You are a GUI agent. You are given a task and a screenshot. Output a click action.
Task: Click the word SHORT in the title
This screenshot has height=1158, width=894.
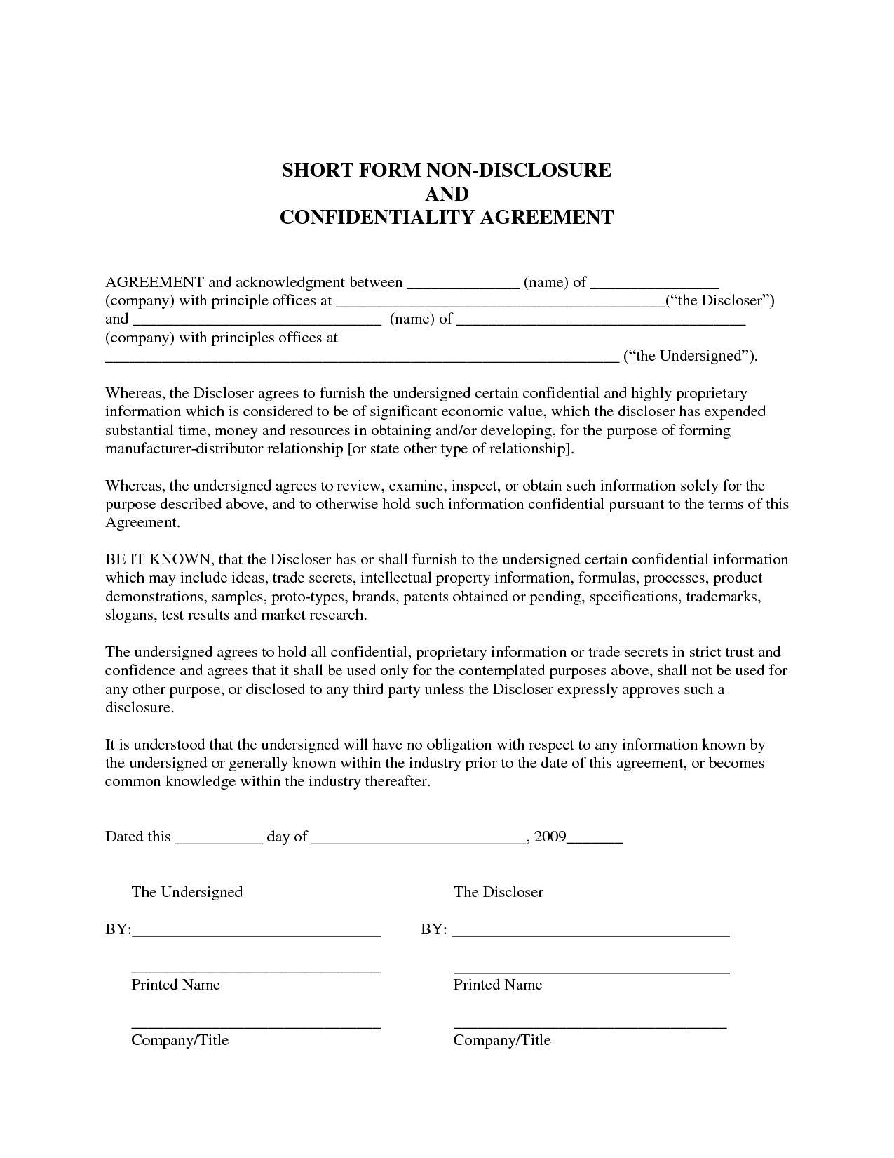[x=313, y=171]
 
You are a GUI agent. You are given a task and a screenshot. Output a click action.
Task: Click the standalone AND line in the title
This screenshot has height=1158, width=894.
[x=447, y=194]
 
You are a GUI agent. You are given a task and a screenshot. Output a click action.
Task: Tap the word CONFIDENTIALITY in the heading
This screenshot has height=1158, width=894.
[x=377, y=218]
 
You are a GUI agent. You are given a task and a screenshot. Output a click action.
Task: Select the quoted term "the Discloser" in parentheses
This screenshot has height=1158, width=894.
[x=719, y=301]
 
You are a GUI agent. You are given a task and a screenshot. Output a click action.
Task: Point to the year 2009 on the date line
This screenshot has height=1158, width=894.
[x=550, y=837]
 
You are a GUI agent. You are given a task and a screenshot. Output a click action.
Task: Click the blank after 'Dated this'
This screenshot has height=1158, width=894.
[x=218, y=839]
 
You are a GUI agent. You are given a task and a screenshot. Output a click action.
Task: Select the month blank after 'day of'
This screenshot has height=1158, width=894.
[x=418, y=839]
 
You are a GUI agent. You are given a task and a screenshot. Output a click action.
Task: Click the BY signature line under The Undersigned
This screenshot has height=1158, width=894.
[x=256, y=933]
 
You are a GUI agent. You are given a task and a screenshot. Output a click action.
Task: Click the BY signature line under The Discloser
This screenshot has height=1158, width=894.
[x=590, y=933]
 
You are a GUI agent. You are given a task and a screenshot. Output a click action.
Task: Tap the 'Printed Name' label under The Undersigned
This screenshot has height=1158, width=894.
[x=175, y=985]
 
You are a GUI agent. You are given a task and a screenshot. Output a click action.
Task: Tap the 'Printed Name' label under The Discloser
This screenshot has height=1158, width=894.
[x=498, y=985]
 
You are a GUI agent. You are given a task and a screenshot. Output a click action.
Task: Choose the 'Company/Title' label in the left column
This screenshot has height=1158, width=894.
[x=180, y=1040]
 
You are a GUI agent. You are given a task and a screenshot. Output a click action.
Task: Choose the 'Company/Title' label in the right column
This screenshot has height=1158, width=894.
[x=502, y=1040]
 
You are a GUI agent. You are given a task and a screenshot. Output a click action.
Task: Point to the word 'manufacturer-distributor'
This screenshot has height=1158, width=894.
[x=184, y=449]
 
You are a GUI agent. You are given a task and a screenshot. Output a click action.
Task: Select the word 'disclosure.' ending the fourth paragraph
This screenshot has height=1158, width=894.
[x=139, y=707]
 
